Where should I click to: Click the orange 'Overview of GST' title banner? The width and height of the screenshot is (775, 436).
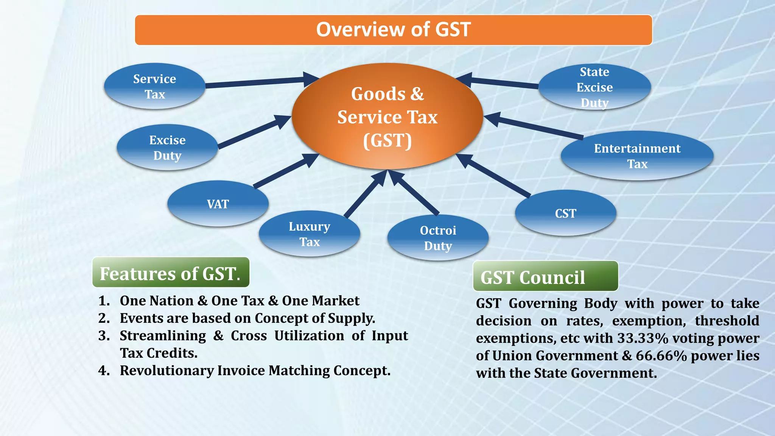394,30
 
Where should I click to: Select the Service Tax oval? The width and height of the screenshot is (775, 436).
154,86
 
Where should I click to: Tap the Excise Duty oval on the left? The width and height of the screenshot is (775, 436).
167,148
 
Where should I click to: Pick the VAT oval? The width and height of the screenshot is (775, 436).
218,204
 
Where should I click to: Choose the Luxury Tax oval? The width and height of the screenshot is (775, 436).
310,234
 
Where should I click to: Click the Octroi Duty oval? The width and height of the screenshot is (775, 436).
438,238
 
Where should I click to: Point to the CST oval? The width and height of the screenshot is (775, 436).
565,213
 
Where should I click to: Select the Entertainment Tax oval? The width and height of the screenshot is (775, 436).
637,156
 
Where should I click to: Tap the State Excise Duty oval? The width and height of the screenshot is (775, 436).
594,87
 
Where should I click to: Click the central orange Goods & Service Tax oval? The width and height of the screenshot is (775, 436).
387,117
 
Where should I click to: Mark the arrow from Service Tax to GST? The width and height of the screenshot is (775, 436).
257,82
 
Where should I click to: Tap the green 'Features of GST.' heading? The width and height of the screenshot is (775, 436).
171,273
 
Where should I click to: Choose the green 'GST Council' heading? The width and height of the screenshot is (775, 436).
545,277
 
